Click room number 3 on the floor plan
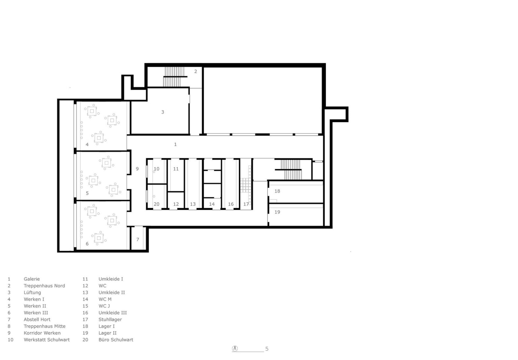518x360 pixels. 162,112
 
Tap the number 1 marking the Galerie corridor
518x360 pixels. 175,144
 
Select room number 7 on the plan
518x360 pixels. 138,240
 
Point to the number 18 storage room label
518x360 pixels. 277,191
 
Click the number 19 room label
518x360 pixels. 277,212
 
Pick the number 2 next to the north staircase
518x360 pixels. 195,71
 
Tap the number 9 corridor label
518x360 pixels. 137,169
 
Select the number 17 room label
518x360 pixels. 246,204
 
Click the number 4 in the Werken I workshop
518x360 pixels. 87,144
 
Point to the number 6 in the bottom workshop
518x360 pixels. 87,244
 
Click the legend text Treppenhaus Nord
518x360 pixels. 44,286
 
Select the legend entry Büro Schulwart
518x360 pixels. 116,340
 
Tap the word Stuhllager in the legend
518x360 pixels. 110,319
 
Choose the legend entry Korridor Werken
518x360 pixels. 42,333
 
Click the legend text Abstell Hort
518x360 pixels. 37,319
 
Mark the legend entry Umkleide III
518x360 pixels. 112,313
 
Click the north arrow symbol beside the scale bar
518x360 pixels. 235,349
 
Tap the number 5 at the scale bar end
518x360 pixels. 267,349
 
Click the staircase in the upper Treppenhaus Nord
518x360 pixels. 175,77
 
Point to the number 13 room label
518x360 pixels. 193,204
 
